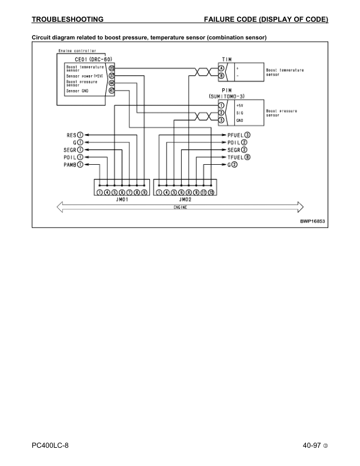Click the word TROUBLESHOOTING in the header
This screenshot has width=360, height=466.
68,20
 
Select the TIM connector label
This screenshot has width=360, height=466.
226,59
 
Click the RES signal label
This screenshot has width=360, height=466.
72,135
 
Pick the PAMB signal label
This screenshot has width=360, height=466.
71,164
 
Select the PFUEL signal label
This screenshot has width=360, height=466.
235,135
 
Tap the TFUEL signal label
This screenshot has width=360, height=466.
235,157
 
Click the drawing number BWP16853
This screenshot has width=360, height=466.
312,221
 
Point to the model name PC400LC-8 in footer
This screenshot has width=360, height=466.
54,445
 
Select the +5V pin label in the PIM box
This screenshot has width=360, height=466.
240,105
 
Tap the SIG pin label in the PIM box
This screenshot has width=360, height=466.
239,112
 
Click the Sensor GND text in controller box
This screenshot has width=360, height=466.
78,91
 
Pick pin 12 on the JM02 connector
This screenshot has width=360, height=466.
211,192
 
